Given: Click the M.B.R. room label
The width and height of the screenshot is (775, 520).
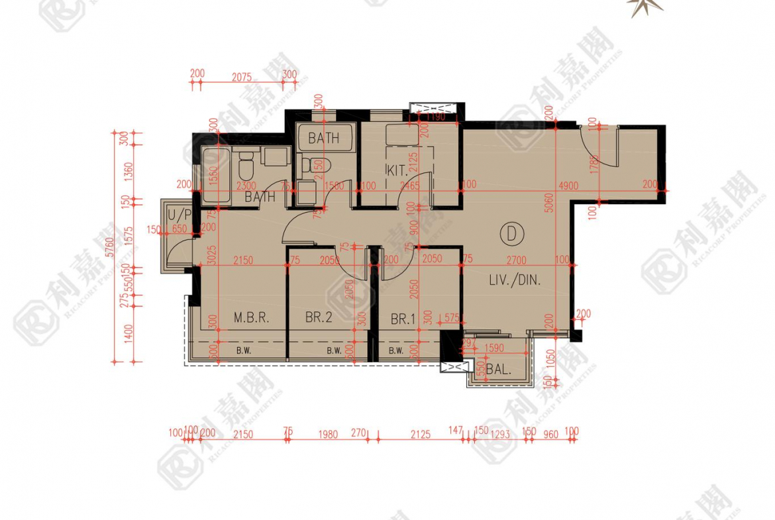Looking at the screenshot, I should [x=251, y=318].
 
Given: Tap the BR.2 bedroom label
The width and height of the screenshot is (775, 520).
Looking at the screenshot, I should [x=319, y=318].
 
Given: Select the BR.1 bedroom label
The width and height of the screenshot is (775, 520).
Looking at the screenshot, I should [x=403, y=319].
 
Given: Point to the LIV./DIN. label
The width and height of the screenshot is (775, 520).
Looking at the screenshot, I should [x=515, y=280].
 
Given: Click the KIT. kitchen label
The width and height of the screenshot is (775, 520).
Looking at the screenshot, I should [x=397, y=170].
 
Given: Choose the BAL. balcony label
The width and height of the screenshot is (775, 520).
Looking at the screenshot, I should [x=498, y=370].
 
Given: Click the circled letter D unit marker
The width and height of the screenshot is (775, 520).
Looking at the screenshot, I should [x=511, y=233].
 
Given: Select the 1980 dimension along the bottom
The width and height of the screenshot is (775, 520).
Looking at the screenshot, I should [x=327, y=435].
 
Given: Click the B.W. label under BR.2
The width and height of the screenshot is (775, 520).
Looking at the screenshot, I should [x=334, y=351].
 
